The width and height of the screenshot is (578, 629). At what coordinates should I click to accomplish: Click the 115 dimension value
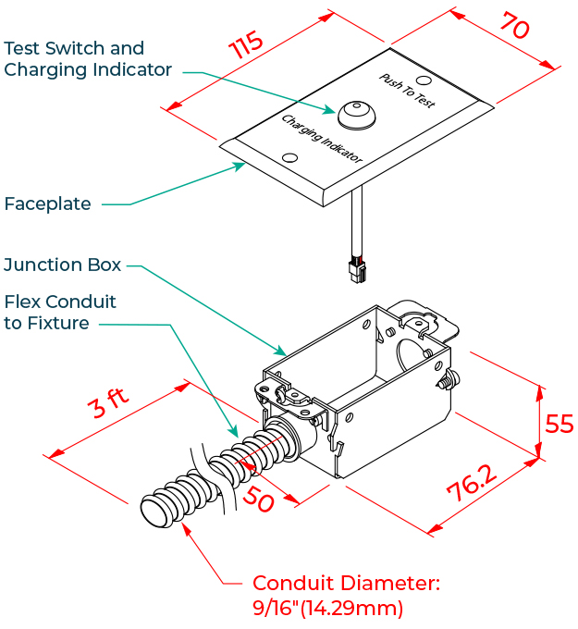(247, 47)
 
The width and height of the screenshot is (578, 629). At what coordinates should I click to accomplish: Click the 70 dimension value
(513, 27)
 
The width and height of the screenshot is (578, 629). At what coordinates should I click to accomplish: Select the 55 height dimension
(559, 423)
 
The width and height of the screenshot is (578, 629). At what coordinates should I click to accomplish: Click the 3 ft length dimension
(108, 404)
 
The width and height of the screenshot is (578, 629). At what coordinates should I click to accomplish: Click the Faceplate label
(48, 203)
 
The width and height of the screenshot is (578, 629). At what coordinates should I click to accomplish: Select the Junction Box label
(62, 265)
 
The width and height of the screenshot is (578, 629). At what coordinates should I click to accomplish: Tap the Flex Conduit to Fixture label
(60, 313)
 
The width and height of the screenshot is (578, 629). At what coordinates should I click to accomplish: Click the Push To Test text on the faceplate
(408, 89)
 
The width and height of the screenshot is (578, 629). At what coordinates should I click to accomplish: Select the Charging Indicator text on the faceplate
(323, 140)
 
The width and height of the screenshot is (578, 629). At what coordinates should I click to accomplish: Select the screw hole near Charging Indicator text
(289, 159)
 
